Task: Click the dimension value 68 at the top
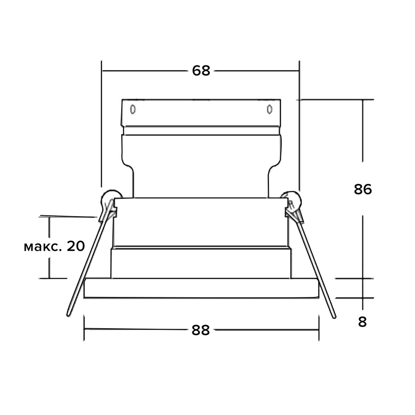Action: pos(201,71)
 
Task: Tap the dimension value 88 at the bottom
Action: pos(201,330)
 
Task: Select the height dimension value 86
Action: pos(363,189)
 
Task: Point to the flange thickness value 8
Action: pos(362,322)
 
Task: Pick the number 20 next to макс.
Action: pos(76,246)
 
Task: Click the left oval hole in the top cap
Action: pos(133,109)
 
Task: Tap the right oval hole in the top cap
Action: pos(269,109)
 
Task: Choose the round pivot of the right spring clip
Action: pos(292,201)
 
